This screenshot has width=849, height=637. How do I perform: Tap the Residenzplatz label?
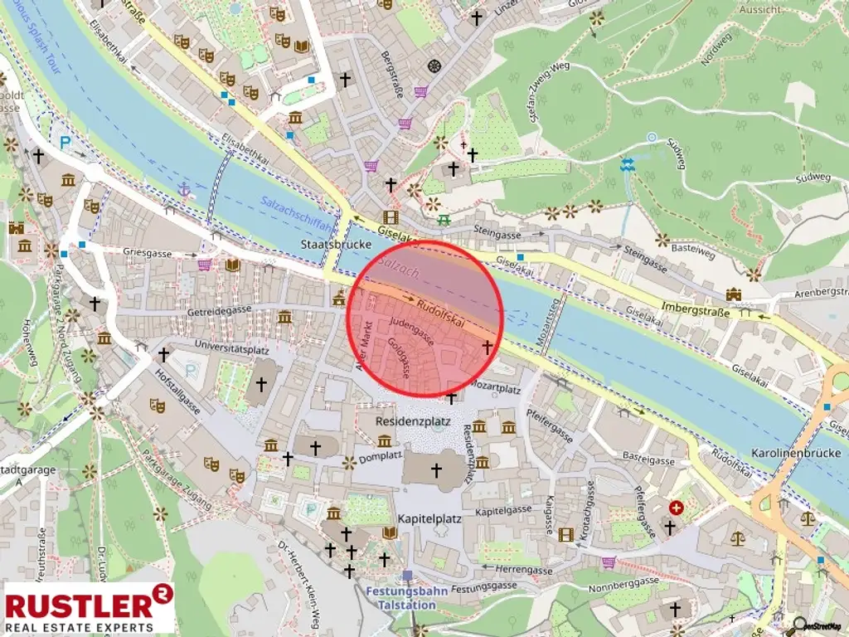coord(413,421)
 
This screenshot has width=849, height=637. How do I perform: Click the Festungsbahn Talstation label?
coord(406,597)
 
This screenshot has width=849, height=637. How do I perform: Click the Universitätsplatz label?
coord(221,343)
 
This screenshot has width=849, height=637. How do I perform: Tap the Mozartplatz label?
coord(496,387)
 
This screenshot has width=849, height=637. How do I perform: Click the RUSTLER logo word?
coord(80,603)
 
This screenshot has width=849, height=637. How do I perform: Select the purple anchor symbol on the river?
coord(184,190)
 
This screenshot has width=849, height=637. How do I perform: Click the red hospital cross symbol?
coord(677,507)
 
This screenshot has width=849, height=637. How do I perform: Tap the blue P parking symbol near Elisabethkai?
coord(65,142)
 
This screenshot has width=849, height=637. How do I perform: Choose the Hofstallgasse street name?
coord(177,395)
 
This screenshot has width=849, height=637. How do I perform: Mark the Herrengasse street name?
coord(523,571)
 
